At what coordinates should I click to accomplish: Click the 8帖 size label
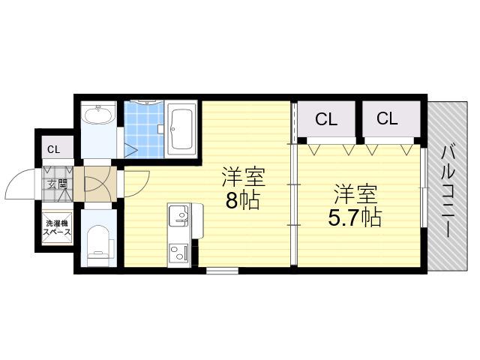(x=242, y=200)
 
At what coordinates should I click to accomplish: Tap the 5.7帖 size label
(x=355, y=217)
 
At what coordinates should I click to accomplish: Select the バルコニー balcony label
(x=448, y=192)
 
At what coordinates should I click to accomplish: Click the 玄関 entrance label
(x=57, y=184)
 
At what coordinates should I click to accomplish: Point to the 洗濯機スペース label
(x=57, y=228)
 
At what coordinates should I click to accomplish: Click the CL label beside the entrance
(x=53, y=150)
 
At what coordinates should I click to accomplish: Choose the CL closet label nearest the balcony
(x=387, y=118)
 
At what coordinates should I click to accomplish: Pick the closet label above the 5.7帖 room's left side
(x=326, y=119)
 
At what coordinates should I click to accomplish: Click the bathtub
(x=182, y=130)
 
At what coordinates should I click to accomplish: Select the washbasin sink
(x=98, y=115)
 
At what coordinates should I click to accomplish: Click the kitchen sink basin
(x=178, y=215)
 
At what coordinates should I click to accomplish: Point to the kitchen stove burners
(x=178, y=253)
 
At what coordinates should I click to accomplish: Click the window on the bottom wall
(x=222, y=271)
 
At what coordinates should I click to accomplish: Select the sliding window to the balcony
(x=424, y=187)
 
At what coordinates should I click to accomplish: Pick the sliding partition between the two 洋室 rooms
(x=293, y=205)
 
